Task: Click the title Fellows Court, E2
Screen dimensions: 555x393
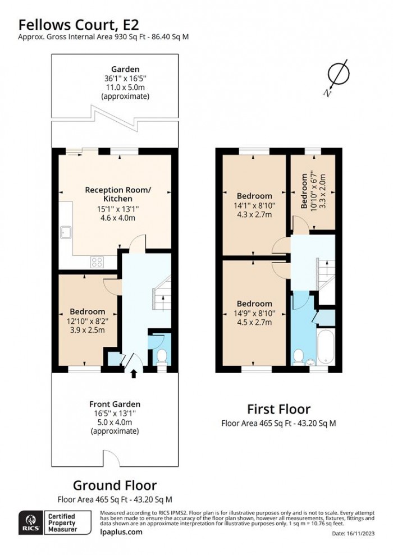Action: (79, 24)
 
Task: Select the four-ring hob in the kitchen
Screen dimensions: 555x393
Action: (97, 261)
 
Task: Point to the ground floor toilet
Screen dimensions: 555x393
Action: (162, 356)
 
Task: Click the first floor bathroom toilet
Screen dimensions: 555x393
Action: (299, 356)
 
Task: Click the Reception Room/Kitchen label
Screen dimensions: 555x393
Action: (118, 194)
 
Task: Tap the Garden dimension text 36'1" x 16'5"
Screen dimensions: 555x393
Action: (125, 79)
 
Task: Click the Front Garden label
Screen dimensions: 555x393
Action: (115, 404)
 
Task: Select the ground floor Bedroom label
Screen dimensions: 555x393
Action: (87, 311)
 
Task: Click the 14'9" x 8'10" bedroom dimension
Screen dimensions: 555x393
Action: (254, 313)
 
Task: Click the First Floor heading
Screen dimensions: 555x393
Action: (278, 409)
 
